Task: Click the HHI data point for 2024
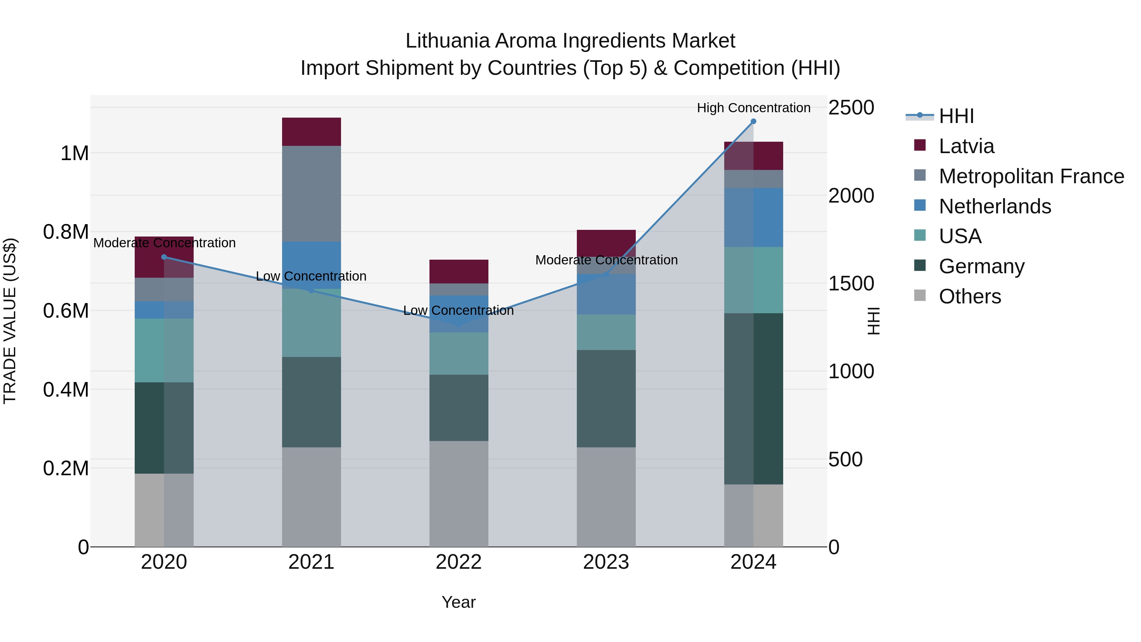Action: click(753, 121)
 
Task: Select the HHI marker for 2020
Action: click(164, 257)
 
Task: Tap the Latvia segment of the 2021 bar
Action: click(311, 132)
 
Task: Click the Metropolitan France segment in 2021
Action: click(311, 194)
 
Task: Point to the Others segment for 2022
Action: click(459, 494)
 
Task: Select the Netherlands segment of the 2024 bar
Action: click(753, 217)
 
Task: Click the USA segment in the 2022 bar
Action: click(459, 353)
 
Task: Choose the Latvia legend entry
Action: click(966, 146)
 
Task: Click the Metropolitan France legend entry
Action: click(1031, 176)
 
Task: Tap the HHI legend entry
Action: click(956, 116)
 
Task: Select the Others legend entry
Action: click(970, 296)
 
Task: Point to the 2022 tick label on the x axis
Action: click(459, 562)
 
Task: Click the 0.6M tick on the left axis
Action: click(66, 311)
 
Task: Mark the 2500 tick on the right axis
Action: click(851, 108)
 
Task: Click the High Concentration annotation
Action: click(753, 108)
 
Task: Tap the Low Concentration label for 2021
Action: click(311, 276)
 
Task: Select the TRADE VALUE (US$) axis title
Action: click(10, 321)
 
